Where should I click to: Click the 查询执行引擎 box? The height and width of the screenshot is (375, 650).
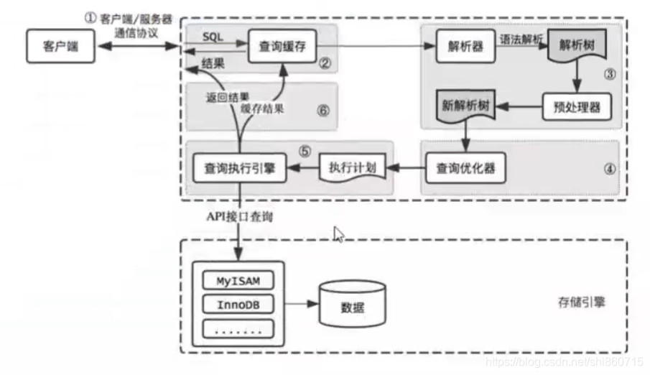[x=239, y=170]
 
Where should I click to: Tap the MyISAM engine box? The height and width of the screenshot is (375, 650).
[x=237, y=280]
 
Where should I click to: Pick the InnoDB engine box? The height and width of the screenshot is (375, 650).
[x=237, y=304]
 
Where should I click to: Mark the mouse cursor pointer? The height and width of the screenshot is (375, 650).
[x=338, y=234]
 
